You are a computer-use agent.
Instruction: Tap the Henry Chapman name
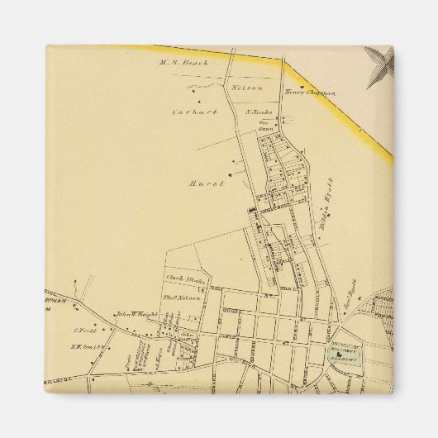310,93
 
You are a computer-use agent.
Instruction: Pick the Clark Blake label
184,278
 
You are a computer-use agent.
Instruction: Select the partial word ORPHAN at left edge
57,300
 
